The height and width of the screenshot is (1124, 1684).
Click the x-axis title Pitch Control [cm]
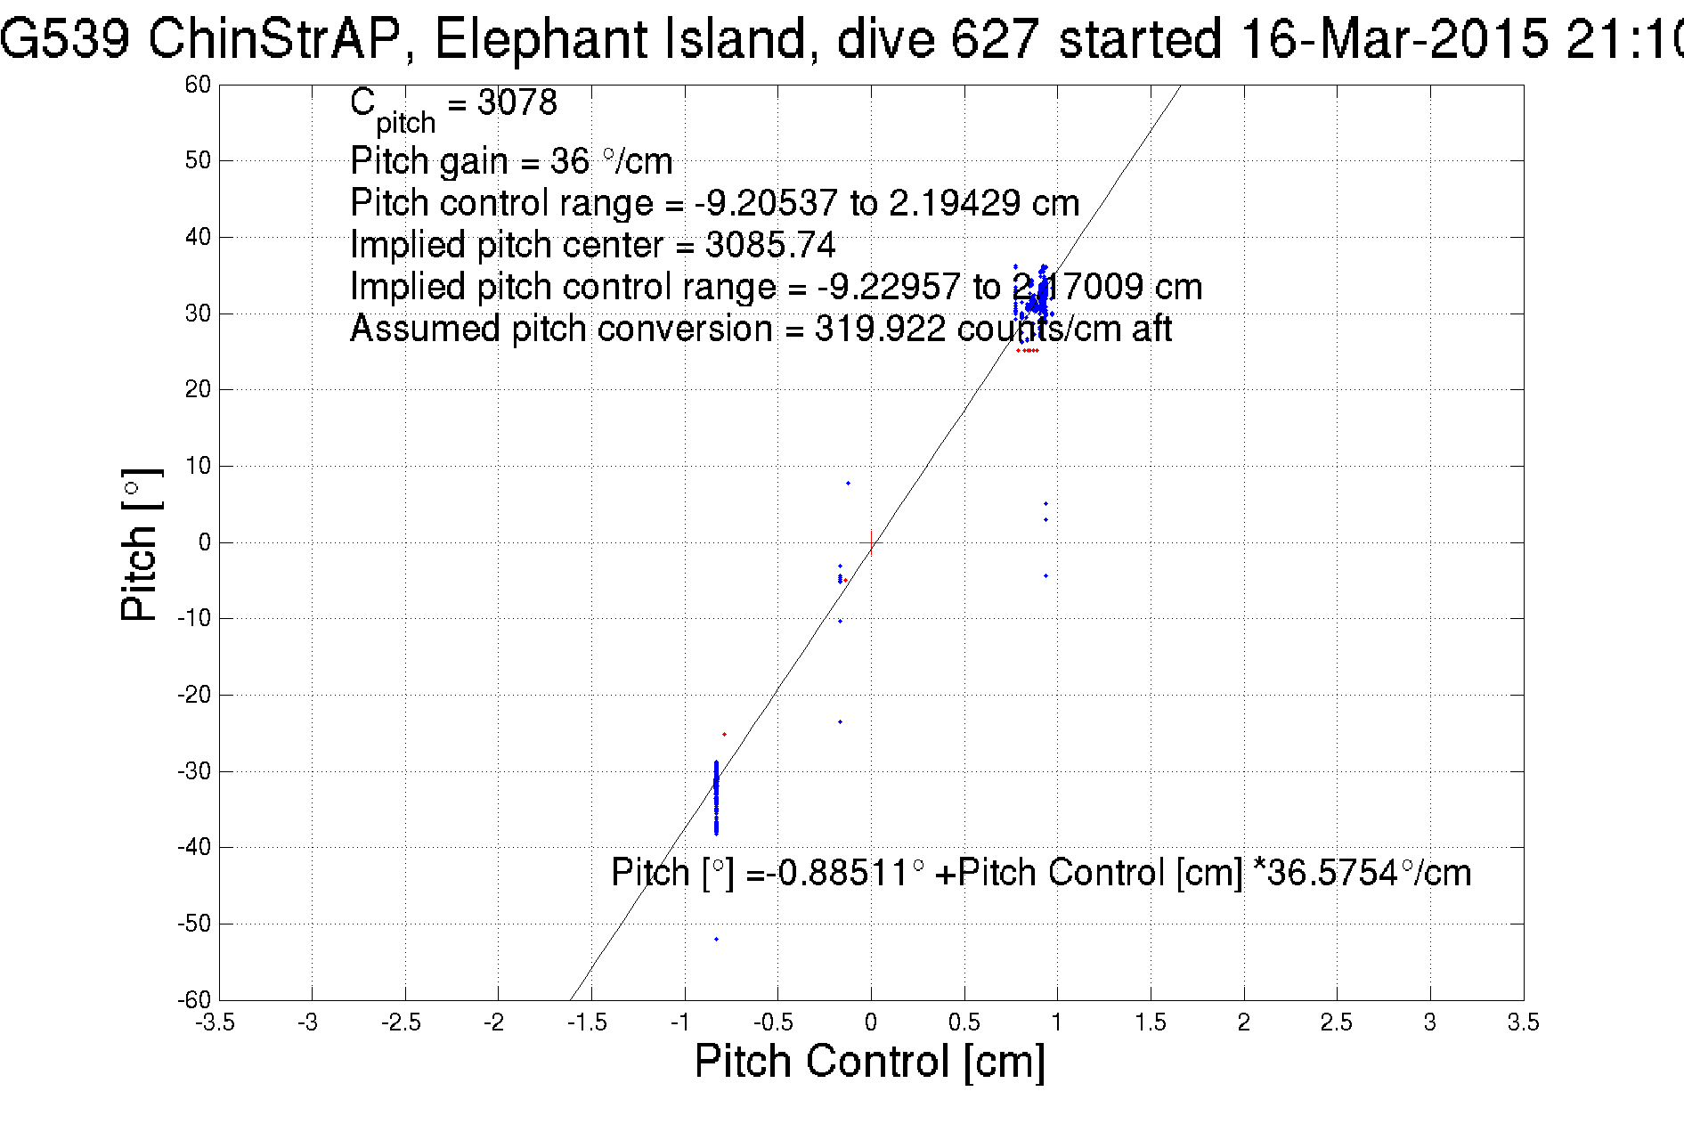[x=869, y=1062]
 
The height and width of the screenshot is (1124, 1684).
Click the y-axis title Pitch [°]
[x=141, y=544]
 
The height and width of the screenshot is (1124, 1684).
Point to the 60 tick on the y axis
[x=198, y=85]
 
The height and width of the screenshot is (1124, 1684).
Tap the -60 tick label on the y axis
[x=194, y=999]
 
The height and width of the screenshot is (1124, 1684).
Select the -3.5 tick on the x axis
[x=215, y=1022]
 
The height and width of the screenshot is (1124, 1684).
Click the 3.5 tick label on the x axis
[x=1523, y=1022]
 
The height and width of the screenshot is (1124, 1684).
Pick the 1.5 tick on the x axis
[x=1151, y=1022]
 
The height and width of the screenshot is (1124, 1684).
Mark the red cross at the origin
[x=871, y=542]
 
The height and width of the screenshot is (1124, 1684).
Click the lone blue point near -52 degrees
[x=716, y=939]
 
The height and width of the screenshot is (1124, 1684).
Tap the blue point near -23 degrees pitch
[x=840, y=721]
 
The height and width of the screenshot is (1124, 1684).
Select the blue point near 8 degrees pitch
[x=848, y=483]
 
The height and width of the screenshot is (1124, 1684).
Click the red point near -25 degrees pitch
[x=724, y=734]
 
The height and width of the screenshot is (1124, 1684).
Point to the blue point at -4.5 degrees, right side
[x=1045, y=575]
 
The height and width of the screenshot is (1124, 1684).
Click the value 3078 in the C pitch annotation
[x=517, y=102]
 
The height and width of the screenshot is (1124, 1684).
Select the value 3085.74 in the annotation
[x=770, y=245]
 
